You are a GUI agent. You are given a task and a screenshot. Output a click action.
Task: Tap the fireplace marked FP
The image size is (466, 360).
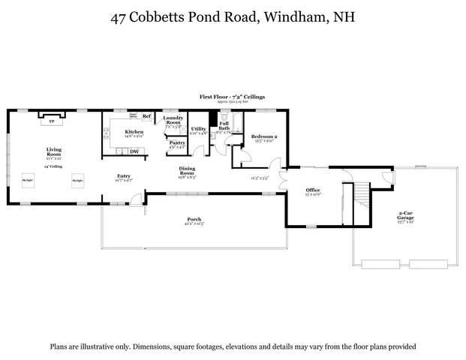tap(52, 120)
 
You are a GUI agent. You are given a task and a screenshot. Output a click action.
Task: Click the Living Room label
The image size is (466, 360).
tap(54, 151)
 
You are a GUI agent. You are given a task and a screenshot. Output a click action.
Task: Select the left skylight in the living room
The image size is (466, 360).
tap(28, 181)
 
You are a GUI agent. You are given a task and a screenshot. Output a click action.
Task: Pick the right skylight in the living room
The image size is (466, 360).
tap(77, 181)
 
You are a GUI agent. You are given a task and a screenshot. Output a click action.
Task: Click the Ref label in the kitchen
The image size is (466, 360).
tap(147, 116)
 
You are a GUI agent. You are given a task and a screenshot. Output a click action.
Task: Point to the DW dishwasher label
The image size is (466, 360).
tap(134, 151)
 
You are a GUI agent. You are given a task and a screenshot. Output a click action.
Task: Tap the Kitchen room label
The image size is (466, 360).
tap(134, 132)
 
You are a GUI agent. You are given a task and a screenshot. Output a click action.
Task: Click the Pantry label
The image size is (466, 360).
tap(177, 142)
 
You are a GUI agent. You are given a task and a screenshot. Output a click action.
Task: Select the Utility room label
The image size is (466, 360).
tap(198, 129)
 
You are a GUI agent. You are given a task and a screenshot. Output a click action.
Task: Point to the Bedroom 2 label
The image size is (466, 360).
tap(265, 136)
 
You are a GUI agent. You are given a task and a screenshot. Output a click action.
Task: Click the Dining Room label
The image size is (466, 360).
tap(187, 172)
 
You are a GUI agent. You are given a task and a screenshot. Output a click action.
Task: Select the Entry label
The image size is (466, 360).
tap(123, 177)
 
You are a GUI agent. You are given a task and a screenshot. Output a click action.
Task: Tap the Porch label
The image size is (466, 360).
tap(194, 220)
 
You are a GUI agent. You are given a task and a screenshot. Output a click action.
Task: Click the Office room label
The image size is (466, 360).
tap(313, 190)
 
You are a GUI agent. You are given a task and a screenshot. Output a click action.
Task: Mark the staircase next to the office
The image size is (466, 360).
tap(362, 194)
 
